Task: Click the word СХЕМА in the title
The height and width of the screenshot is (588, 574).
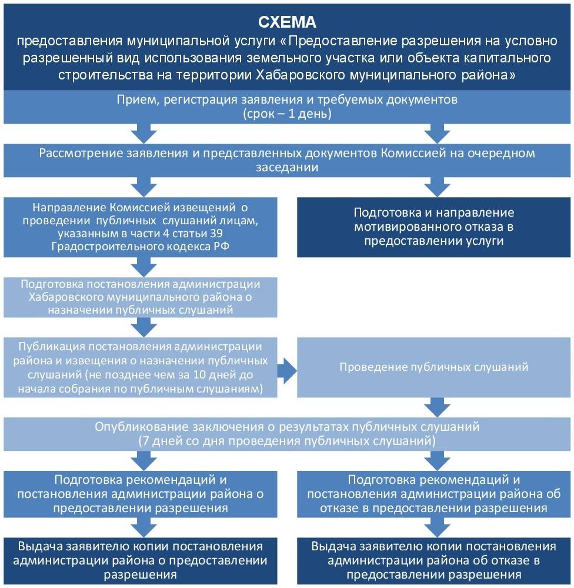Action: (287, 22)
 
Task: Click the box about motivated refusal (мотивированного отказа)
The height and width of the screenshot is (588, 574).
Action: (434, 227)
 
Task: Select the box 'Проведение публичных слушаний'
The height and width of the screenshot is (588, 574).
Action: (434, 367)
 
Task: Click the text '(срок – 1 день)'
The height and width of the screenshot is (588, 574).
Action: (287, 114)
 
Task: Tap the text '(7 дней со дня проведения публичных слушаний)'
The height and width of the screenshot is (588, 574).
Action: (287, 440)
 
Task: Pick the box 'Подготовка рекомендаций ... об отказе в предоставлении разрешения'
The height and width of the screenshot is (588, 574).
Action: (434, 493)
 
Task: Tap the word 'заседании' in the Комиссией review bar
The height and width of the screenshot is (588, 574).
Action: (287, 167)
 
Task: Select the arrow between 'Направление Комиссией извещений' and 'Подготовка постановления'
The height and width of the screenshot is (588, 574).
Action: (141, 267)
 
